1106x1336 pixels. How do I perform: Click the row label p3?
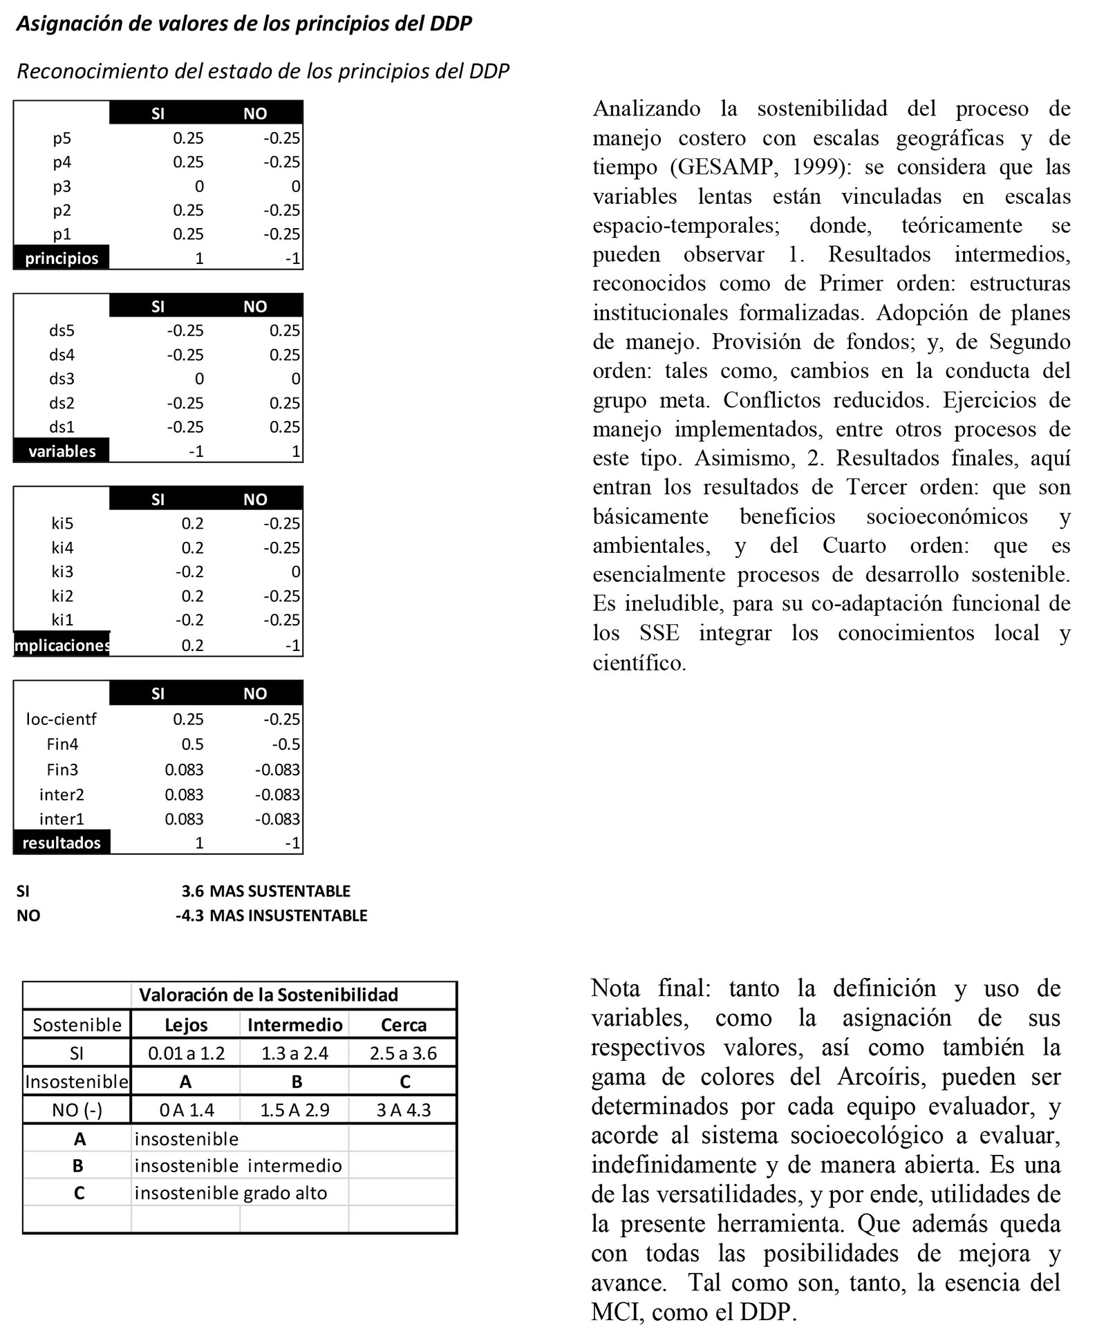62,187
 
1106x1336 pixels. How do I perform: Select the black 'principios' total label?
62,258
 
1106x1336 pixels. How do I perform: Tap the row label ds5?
62,330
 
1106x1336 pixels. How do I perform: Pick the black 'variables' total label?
62,451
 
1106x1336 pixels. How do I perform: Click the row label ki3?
62,572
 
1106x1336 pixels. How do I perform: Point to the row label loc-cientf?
62,719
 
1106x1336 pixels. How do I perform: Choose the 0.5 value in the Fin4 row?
192,744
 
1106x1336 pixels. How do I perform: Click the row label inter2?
62,794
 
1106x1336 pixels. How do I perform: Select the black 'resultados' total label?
62,843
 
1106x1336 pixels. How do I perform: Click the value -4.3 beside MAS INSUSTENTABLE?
189,916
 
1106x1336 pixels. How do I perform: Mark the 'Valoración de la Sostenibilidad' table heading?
269,995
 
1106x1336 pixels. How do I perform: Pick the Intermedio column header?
294,1025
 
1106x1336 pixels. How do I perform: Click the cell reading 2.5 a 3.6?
403,1053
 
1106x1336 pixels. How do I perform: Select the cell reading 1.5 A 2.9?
294,1110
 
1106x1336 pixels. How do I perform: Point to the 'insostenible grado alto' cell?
231,1193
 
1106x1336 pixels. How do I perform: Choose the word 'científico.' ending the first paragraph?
639,664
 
